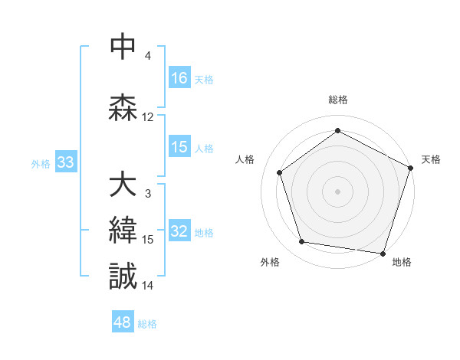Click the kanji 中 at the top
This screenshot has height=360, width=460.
(123, 48)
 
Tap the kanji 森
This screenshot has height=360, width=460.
(123, 108)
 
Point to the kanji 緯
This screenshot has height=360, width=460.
(123, 231)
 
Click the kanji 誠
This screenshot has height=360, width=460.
(123, 277)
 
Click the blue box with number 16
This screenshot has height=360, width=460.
(179, 78)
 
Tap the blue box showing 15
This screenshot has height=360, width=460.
(179, 147)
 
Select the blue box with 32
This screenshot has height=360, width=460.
(179, 232)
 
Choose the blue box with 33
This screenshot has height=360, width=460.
(65, 162)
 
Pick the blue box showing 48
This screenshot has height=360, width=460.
(123, 322)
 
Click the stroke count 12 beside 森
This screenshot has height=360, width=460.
(148, 117)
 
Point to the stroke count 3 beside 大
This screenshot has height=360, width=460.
(148, 193)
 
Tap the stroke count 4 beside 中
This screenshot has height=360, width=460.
(148, 56)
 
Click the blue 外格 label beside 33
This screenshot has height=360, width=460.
(40, 163)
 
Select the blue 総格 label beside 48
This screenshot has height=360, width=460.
(147, 324)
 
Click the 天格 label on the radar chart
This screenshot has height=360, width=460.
(431, 159)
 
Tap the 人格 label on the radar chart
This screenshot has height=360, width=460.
(245, 159)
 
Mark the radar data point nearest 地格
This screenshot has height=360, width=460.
(383, 253)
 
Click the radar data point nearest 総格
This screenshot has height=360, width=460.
(337, 130)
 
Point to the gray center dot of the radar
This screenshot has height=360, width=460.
(337, 191)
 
